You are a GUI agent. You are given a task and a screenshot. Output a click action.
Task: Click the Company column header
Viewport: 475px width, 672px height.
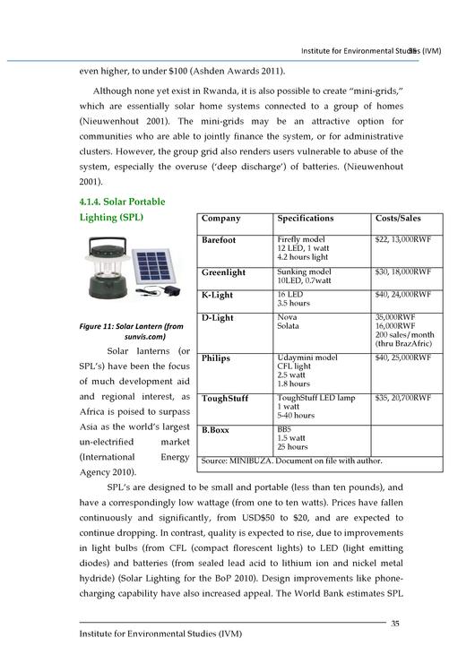220,219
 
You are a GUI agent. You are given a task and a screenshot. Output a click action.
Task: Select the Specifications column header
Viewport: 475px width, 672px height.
305,219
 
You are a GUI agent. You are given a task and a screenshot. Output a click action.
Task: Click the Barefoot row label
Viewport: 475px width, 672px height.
219,241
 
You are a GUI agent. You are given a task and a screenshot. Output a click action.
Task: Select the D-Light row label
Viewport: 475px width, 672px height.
217,318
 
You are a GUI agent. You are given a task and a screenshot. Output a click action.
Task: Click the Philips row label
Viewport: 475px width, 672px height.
215,358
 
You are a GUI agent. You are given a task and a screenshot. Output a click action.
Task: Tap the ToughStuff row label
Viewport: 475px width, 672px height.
225,398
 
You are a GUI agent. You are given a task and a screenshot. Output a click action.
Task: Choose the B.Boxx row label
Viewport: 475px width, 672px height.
215,430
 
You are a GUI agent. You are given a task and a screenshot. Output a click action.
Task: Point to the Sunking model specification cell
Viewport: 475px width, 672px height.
304,276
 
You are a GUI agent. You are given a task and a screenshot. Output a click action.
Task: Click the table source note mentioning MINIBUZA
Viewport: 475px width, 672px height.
292,461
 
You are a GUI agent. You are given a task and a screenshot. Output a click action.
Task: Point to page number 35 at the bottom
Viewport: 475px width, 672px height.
394,622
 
